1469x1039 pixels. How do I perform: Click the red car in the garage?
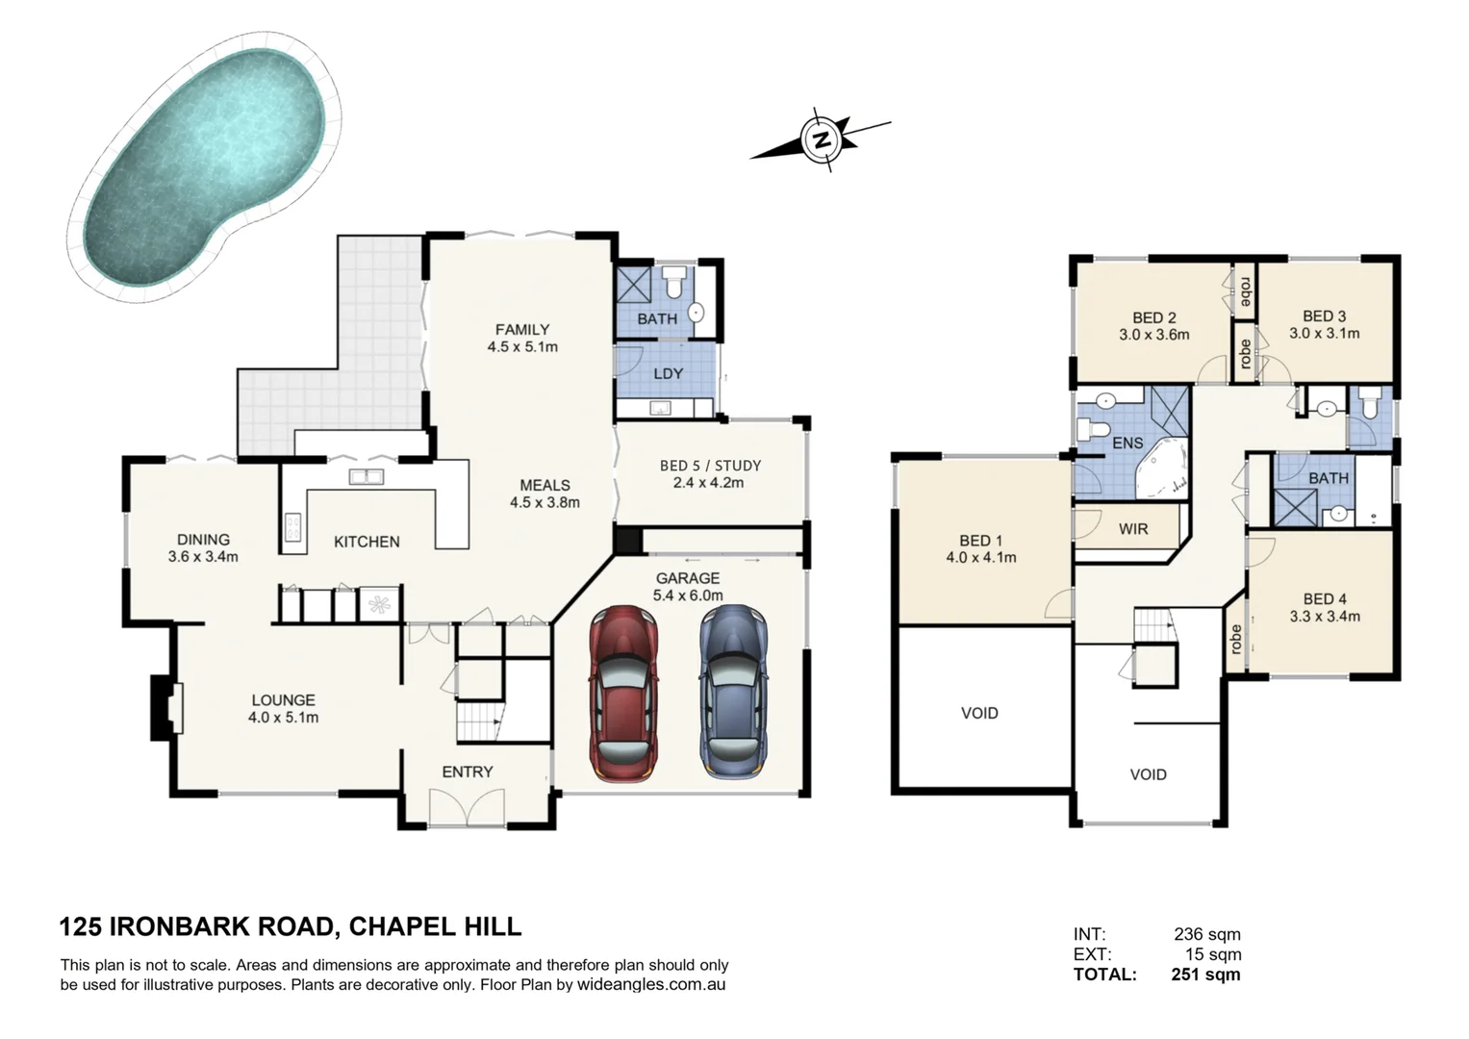click(x=625, y=693)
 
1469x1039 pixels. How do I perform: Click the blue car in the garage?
click(x=735, y=691)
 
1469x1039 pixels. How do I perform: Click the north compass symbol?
click(x=822, y=139)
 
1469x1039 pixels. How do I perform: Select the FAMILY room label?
click(x=522, y=329)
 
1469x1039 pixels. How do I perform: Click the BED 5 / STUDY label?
click(x=710, y=466)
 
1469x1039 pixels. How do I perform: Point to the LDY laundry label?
click(x=668, y=373)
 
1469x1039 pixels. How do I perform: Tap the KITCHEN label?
click(x=367, y=542)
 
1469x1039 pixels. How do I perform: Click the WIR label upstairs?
click(x=1133, y=528)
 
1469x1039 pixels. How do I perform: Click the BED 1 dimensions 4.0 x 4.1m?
click(x=981, y=557)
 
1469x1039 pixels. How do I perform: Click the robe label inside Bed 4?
click(x=1236, y=639)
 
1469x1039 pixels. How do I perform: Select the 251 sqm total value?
click(x=1205, y=975)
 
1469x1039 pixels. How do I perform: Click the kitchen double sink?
click(x=366, y=476)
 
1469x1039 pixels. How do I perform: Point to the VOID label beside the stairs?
click(x=1148, y=774)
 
